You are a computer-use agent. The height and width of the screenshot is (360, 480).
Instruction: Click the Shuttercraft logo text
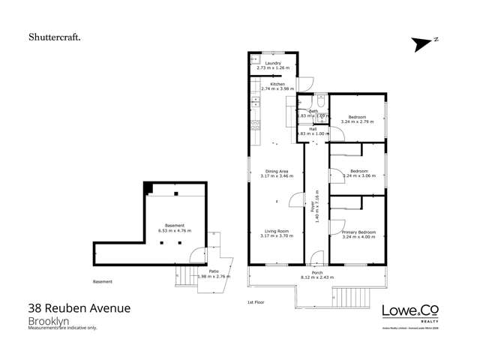pyautogui.click(x=55, y=35)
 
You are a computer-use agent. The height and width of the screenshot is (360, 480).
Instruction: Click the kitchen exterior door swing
pyautogui.click(x=305, y=81)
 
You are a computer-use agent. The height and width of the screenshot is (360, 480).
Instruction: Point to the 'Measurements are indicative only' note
pyautogui.click(x=63, y=328)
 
